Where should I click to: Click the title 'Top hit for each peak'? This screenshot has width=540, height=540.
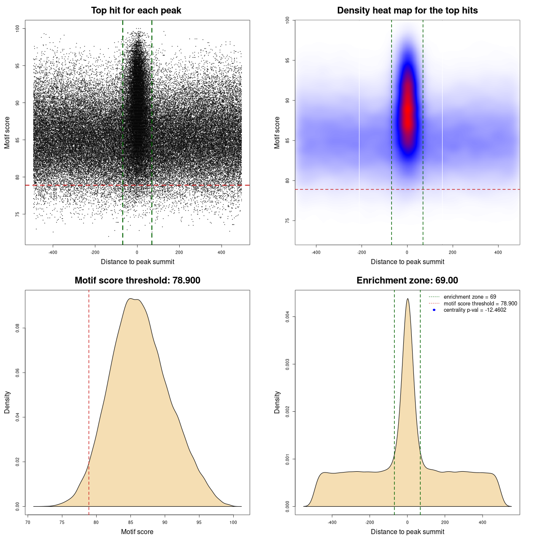pos(136,11)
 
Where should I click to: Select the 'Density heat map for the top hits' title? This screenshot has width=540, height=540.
pos(407,11)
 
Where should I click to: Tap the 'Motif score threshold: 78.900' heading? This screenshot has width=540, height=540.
pos(137,281)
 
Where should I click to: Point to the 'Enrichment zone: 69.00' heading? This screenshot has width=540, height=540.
pos(407,281)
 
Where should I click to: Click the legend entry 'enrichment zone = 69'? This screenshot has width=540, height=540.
pos(470,297)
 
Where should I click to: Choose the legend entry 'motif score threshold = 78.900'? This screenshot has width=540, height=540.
pos(480,303)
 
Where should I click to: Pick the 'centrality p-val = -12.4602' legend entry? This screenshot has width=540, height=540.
pos(475,310)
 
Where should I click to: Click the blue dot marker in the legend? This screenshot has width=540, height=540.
pos(434,310)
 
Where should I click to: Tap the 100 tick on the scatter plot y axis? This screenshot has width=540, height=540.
pos(17,28)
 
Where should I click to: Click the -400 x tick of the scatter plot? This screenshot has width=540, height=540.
pos(53,252)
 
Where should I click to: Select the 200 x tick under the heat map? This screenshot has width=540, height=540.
pos(453,252)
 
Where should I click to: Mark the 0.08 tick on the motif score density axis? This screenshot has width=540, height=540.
pos(17,328)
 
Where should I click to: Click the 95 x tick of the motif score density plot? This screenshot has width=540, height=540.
pos(199,522)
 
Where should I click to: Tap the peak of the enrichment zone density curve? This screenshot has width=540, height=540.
pos(408,299)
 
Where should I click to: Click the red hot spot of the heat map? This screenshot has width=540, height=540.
pos(408,114)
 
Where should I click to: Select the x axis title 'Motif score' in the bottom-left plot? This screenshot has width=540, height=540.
pos(137,532)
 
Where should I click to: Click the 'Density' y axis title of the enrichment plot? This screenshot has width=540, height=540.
pos(277,402)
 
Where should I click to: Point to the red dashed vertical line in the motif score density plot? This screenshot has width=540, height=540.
pos(89,401)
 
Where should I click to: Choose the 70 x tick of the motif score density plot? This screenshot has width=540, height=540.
pos(28,522)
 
